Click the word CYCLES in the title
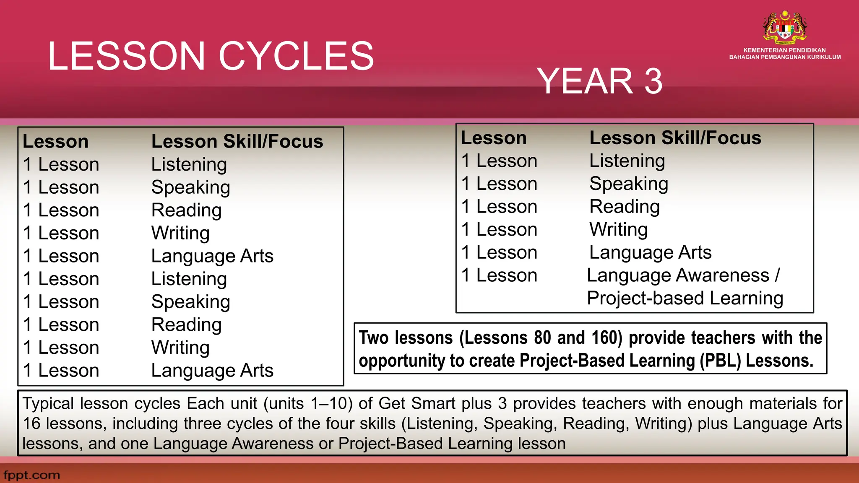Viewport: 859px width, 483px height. click(296, 56)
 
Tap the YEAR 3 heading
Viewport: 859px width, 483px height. click(599, 81)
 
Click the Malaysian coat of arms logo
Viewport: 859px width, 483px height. click(785, 28)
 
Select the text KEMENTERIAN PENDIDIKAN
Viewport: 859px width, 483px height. click(784, 50)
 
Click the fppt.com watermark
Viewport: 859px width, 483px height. click(32, 475)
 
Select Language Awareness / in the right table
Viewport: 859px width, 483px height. click(683, 275)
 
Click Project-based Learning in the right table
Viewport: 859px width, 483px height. click(685, 298)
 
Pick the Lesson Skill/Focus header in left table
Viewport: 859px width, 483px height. click(237, 141)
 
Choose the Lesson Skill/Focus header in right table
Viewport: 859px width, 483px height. click(675, 138)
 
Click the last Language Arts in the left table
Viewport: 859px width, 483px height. click(212, 371)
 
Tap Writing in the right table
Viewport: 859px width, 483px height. click(618, 230)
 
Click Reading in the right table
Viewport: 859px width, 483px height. click(624, 207)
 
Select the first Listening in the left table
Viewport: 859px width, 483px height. click(189, 164)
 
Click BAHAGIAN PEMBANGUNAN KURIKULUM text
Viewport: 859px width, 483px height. click(785, 57)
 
